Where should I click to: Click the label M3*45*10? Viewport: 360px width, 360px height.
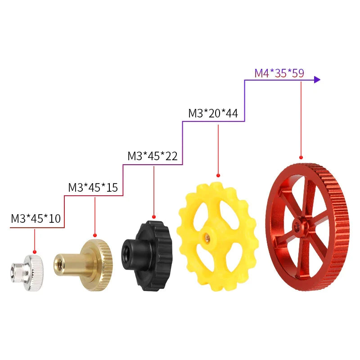[36, 218]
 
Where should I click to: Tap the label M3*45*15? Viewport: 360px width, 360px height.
[93, 187]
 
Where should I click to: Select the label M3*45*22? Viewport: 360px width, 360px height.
[153, 156]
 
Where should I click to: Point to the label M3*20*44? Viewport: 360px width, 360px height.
[213, 113]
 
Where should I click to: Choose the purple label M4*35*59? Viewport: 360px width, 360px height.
[279, 73]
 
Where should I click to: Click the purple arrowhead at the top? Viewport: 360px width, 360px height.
[317, 80]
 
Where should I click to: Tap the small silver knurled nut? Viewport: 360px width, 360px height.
[27, 273]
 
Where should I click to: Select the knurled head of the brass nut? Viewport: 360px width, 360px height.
[100, 265]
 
